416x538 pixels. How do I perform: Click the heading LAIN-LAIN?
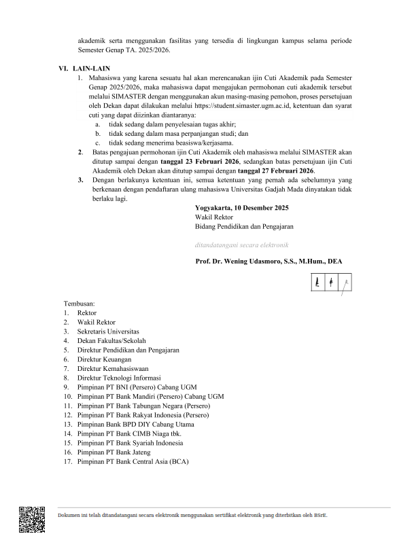click(93, 69)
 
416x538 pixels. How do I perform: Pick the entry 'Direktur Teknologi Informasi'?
click(119, 377)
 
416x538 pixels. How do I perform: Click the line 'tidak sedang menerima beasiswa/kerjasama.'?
click(171, 143)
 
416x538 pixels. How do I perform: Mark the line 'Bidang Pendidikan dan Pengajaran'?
click(245, 226)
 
